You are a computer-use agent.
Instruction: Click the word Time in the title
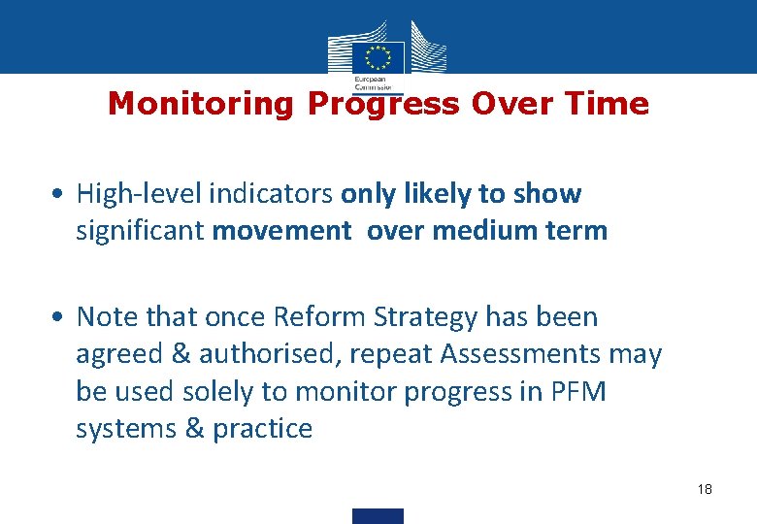coord(609,104)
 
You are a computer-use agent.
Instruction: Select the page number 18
coord(705,489)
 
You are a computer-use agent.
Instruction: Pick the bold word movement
coord(281,231)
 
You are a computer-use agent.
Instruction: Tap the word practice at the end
coord(264,429)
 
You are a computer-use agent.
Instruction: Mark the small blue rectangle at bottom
coord(378,516)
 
